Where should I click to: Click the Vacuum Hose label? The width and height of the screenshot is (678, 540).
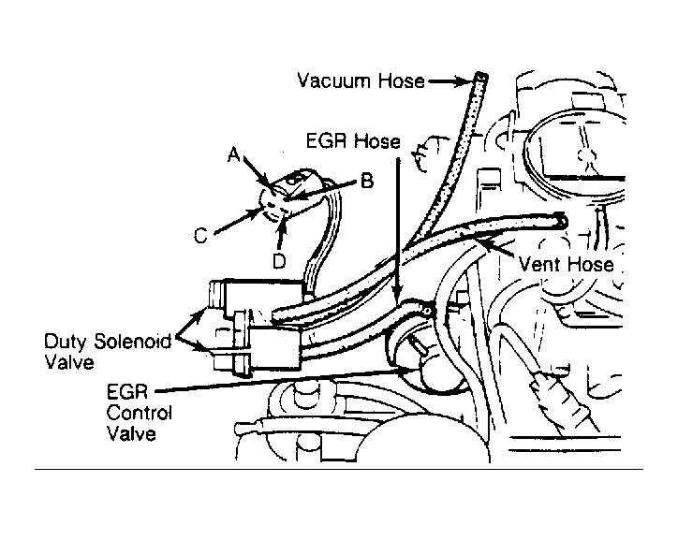(x=361, y=80)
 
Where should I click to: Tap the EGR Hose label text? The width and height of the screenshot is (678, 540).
(x=353, y=141)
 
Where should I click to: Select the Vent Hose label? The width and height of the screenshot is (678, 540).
(x=566, y=264)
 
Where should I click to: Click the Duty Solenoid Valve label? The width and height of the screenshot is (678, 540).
(x=108, y=351)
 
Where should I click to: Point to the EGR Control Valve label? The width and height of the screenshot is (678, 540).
(x=139, y=413)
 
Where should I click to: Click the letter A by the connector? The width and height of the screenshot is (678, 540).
(x=234, y=154)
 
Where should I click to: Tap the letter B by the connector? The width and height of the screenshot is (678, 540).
(x=367, y=181)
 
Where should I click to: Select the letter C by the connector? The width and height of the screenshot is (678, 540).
(x=200, y=236)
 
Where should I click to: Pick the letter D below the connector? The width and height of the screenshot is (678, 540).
(x=280, y=260)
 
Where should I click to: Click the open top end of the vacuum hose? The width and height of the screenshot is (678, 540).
(x=481, y=77)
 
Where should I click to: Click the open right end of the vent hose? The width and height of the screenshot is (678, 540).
(x=561, y=220)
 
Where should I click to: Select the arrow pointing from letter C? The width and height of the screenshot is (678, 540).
(x=238, y=221)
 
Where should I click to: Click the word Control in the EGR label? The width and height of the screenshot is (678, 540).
(x=139, y=413)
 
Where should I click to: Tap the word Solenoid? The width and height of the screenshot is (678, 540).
(x=132, y=342)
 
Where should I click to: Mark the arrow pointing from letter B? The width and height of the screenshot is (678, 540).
(x=322, y=190)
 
